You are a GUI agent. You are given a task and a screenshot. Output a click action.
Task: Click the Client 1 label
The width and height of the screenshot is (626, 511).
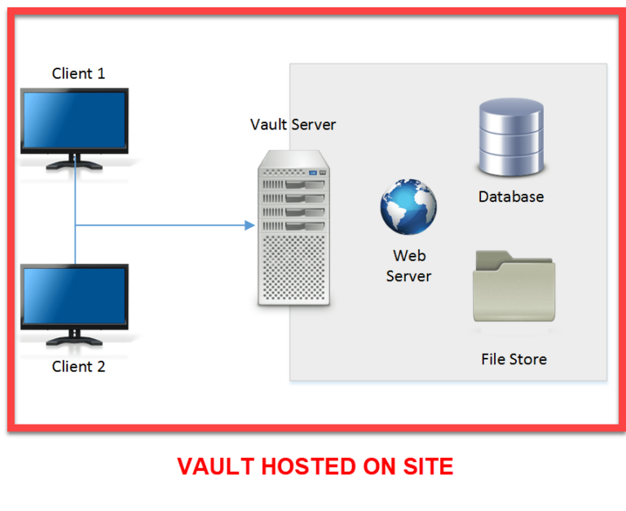click(x=78, y=73)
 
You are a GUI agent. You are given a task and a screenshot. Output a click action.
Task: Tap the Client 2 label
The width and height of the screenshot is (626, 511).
click(x=78, y=367)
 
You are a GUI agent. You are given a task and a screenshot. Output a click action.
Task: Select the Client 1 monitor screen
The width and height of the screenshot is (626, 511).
click(x=74, y=121)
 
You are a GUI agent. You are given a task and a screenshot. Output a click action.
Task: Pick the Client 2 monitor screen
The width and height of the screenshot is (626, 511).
click(x=74, y=295)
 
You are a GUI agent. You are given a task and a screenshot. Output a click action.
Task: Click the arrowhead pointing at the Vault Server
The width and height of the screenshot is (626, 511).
click(x=249, y=224)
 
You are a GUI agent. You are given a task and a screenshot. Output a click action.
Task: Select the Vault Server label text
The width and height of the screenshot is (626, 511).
click(x=293, y=125)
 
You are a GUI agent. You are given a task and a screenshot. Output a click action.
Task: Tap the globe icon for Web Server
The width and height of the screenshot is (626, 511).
click(x=408, y=207)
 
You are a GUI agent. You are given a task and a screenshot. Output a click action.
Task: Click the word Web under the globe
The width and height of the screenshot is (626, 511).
click(x=408, y=256)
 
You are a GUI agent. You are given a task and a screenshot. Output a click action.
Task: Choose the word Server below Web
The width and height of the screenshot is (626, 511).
click(x=408, y=276)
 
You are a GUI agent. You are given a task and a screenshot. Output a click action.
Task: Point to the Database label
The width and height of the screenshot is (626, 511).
click(x=511, y=196)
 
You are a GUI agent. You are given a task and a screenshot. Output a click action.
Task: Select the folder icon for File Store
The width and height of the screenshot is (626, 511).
click(x=514, y=289)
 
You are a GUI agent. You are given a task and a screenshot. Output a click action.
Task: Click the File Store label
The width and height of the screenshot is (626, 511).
click(x=514, y=359)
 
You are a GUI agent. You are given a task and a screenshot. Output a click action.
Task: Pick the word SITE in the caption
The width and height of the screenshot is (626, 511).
click(x=424, y=467)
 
